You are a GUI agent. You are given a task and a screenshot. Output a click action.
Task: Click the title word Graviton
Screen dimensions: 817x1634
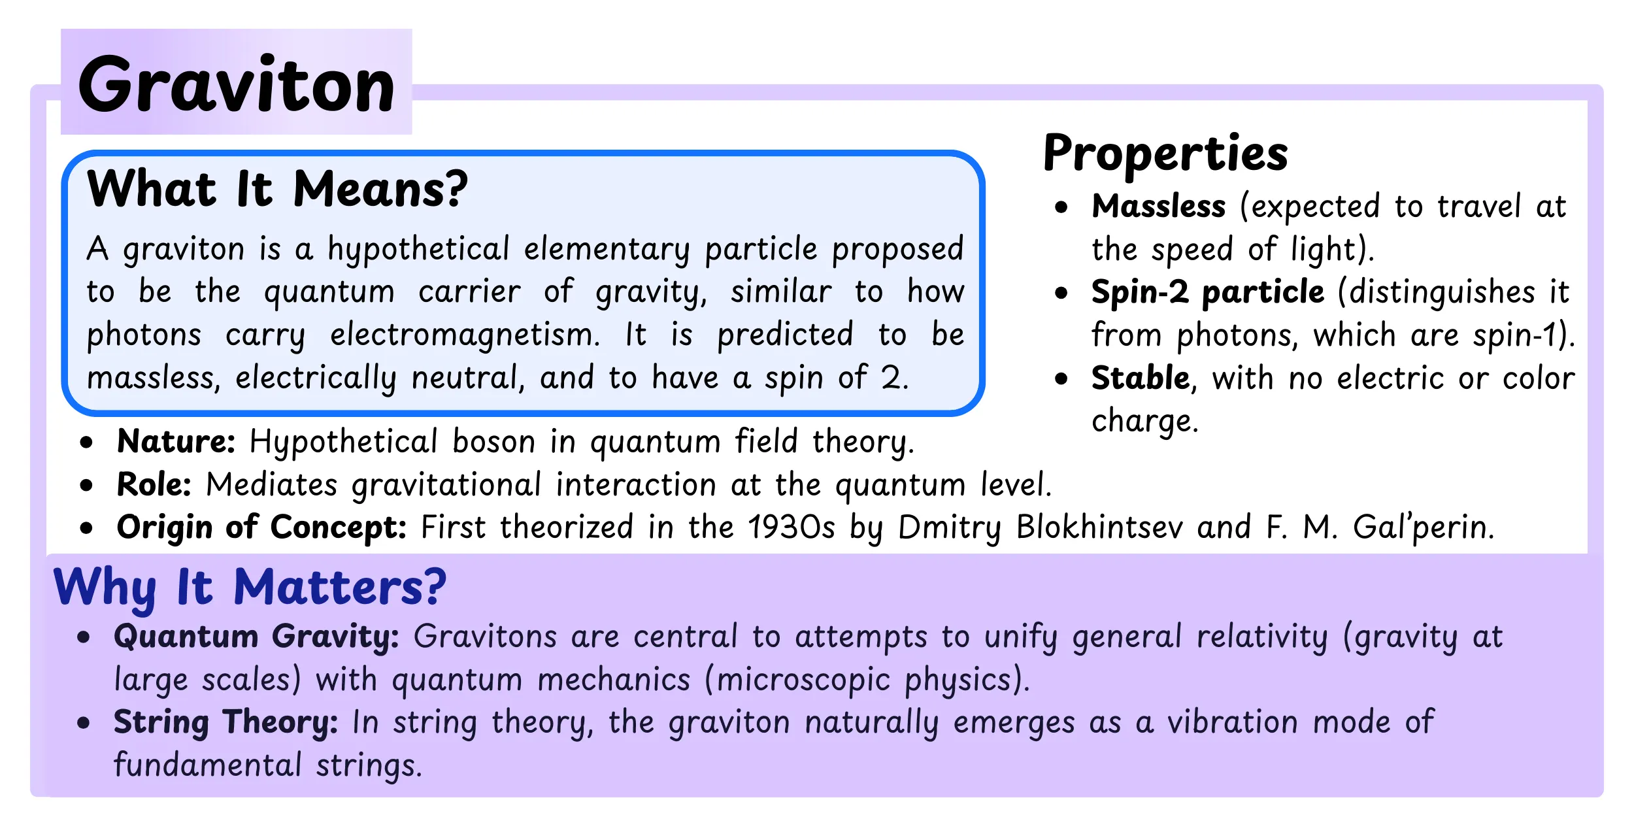(236, 85)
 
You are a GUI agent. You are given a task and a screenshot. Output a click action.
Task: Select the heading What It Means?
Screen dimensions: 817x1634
(277, 189)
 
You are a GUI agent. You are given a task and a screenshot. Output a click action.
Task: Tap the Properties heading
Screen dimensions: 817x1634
(1165, 153)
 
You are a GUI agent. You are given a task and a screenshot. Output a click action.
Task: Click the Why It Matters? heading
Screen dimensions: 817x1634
(250, 587)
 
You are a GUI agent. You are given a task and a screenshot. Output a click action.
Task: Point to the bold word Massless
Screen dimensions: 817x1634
(1158, 207)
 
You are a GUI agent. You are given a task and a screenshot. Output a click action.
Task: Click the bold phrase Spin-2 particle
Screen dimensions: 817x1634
(1207, 292)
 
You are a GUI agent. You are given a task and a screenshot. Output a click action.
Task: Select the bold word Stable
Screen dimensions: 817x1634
(1140, 378)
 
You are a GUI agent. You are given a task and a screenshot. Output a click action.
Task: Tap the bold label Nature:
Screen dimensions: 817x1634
(175, 442)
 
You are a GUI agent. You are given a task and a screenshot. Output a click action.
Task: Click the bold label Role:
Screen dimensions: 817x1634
(154, 485)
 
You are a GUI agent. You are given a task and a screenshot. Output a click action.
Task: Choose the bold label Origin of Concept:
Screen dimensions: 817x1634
(261, 527)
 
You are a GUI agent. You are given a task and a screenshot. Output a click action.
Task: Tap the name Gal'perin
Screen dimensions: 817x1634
(1423, 527)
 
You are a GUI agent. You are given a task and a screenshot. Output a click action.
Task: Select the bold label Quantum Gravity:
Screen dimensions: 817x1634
(256, 637)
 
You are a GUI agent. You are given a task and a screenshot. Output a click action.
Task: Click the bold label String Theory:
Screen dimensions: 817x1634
(225, 722)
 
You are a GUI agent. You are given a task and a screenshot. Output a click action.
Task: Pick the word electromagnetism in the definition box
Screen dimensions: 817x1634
(464, 335)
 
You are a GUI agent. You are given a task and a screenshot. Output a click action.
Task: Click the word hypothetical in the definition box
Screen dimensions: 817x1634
(418, 249)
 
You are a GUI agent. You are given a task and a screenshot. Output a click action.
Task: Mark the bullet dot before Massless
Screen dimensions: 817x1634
(1061, 208)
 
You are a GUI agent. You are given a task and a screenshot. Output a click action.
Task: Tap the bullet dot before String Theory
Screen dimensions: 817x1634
(83, 723)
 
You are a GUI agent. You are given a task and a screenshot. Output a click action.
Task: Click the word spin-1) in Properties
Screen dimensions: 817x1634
(1523, 335)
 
